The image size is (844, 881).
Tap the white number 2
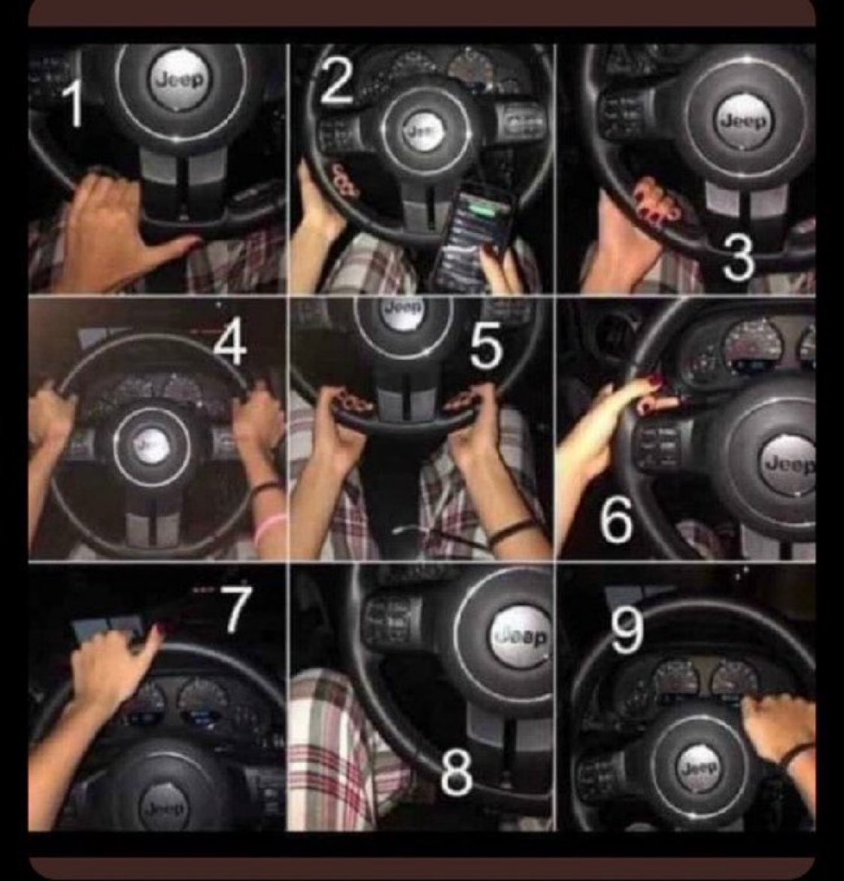click(337, 81)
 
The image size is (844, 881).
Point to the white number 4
click(229, 346)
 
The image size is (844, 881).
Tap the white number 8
click(456, 773)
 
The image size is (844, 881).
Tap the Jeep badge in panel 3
click(743, 121)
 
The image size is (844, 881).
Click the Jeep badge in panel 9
click(698, 767)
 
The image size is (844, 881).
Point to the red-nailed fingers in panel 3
click(654, 200)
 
